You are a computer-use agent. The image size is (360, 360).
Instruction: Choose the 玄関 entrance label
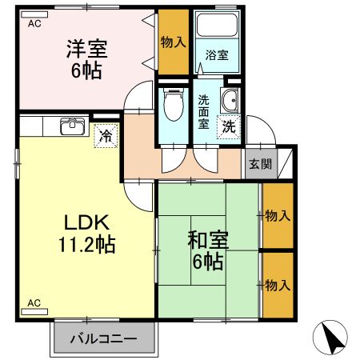click(259, 164)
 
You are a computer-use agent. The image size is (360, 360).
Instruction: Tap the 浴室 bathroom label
click(217, 56)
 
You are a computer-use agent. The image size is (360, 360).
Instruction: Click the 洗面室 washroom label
click(204, 113)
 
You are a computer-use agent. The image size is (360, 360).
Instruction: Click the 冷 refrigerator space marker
click(104, 136)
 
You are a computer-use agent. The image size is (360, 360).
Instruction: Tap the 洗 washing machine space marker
click(228, 126)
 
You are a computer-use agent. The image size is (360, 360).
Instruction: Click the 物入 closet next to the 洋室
click(172, 41)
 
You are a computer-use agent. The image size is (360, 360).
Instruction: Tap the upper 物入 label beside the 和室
click(277, 215)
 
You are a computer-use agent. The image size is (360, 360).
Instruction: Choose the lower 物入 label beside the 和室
click(277, 285)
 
